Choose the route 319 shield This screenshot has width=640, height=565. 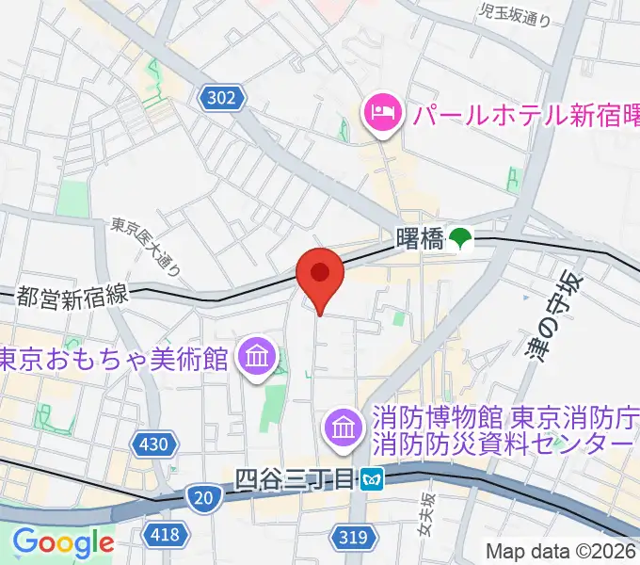(x=348, y=537)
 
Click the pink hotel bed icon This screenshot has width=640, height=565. (x=382, y=116)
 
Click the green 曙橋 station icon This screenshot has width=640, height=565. (x=460, y=239)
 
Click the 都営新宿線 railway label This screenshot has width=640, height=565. (x=71, y=296)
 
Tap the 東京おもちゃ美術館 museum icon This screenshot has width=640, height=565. (x=255, y=359)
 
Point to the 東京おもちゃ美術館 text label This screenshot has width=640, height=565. (x=115, y=359)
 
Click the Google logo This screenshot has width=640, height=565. (x=62, y=543)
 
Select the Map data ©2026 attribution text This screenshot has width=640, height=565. (x=561, y=551)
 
